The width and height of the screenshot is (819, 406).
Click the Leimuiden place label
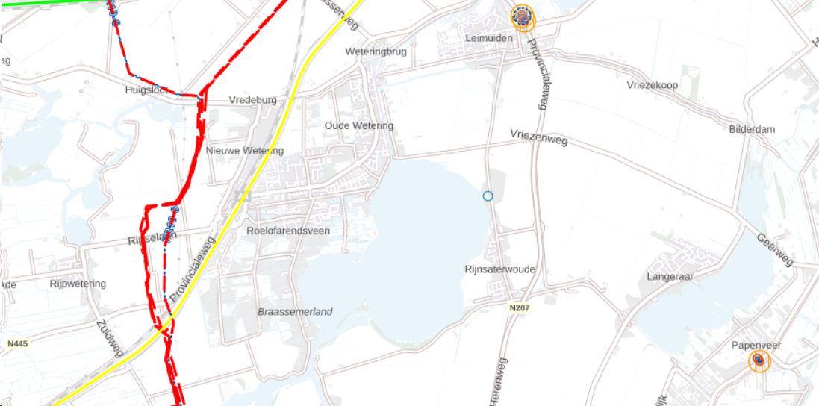(x=488, y=37)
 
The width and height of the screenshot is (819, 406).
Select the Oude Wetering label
(x=358, y=125)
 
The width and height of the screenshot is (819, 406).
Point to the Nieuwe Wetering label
(x=245, y=151)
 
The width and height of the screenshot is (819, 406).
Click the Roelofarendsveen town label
(x=288, y=231)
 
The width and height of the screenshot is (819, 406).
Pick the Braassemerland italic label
(x=295, y=312)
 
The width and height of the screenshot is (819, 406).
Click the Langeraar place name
(x=670, y=276)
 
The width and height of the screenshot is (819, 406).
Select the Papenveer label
(x=756, y=345)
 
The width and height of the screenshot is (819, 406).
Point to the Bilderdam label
(x=752, y=129)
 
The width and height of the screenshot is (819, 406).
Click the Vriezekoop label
(x=653, y=85)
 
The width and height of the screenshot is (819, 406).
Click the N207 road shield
(x=520, y=307)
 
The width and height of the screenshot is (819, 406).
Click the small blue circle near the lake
(x=488, y=196)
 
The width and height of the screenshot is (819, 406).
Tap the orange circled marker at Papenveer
(x=759, y=361)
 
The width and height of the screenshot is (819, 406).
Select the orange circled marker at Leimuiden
(x=523, y=16)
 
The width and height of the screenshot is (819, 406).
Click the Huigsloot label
(x=143, y=90)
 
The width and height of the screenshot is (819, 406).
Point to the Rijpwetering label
(x=78, y=284)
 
